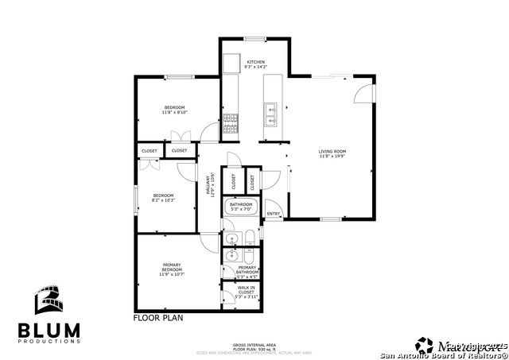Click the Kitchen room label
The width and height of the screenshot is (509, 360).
[256, 64]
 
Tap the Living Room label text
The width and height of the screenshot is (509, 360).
[332, 153]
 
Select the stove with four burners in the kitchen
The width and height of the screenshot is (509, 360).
[230, 121]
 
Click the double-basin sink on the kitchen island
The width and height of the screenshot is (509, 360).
[270, 115]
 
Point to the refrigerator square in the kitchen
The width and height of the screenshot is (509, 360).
[231, 63]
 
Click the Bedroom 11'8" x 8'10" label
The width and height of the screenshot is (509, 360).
[175, 110]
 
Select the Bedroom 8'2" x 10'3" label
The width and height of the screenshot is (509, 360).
[163, 198]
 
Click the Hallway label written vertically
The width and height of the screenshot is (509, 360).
[212, 186]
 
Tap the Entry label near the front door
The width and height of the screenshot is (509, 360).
[273, 214]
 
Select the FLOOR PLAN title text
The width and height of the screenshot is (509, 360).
[157, 317]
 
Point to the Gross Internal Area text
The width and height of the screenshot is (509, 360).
[254, 345]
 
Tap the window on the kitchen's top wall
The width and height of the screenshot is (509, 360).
[254, 38]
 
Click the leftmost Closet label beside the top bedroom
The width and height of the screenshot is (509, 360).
[150, 150]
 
